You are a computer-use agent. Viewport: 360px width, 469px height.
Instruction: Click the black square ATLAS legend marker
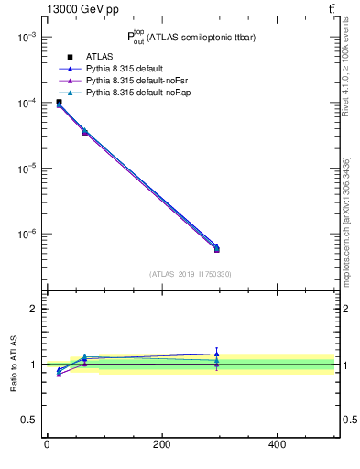(x=70, y=58)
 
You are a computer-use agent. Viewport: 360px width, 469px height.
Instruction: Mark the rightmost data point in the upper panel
(x=216, y=248)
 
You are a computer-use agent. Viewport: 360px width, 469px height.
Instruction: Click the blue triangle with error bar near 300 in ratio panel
(x=216, y=353)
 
